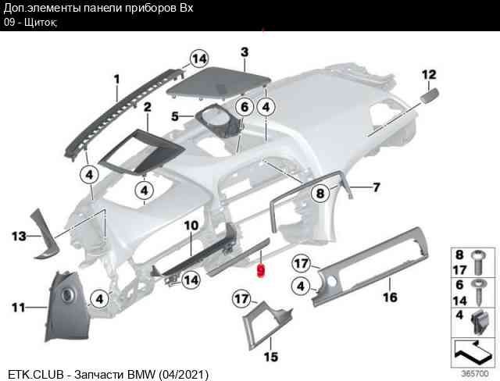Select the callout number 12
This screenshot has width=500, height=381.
click(429, 74)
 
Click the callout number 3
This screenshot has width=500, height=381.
click(245, 52)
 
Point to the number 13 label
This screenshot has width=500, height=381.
click(19, 237)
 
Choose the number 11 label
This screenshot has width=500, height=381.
click(18, 308)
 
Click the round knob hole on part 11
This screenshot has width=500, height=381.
click(67, 294)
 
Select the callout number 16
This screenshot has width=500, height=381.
click(390, 297)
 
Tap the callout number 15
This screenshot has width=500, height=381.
click(271, 357)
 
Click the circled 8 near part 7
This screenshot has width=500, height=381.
click(320, 193)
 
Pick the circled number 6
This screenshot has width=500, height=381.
click(245, 107)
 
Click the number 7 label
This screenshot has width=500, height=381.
click(377, 187)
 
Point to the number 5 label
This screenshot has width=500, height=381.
click(175, 116)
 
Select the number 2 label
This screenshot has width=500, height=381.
click(148, 107)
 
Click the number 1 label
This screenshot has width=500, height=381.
click(116, 79)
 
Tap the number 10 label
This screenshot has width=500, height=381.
click(191, 226)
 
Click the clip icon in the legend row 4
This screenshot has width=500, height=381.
click(480, 322)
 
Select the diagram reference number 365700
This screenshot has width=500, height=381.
click(475, 373)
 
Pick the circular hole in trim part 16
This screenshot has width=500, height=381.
click(331, 281)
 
